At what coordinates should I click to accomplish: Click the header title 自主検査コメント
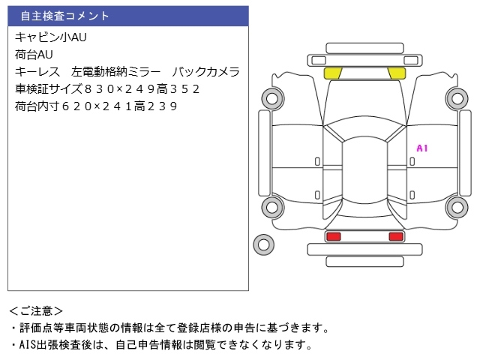[64, 16]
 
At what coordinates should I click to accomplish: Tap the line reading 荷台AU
[34, 54]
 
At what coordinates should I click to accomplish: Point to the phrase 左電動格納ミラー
[115, 72]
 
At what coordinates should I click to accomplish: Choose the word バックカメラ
[205, 72]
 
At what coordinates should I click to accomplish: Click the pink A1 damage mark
[421, 148]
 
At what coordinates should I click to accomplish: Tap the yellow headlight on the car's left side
[333, 73]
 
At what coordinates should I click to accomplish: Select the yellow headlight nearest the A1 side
[396, 73]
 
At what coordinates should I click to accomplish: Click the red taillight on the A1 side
[395, 237]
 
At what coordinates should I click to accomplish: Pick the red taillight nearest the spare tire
[333, 237]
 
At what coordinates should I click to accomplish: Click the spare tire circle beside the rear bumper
[263, 243]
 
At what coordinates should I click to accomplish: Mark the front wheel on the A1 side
[457, 97]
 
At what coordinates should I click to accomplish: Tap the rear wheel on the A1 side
[457, 207]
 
